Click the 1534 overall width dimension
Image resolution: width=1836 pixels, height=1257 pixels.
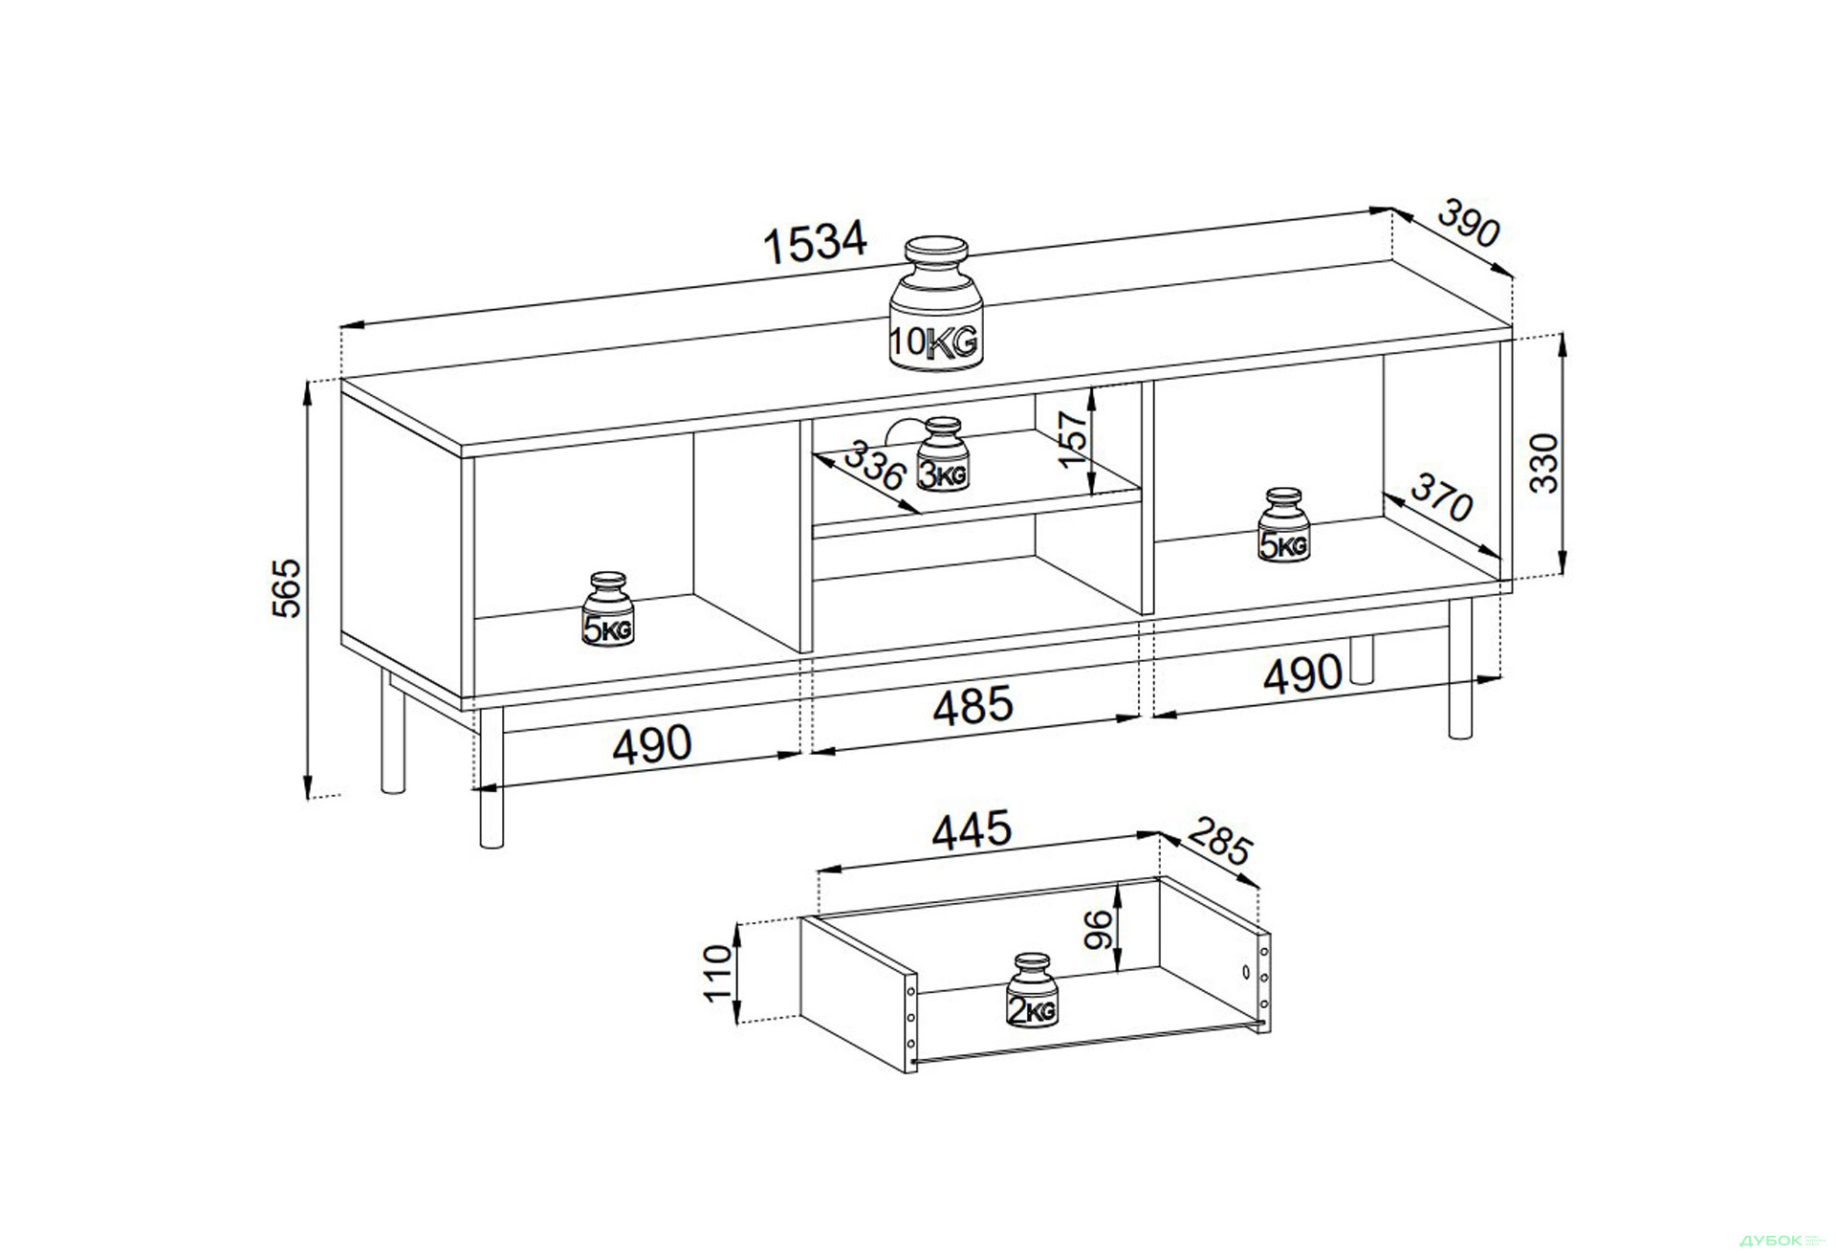(x=815, y=242)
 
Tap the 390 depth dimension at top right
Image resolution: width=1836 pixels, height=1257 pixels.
(x=1470, y=223)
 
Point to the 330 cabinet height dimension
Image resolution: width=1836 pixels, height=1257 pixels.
(x=1543, y=463)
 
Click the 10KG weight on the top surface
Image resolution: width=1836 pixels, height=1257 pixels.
(x=936, y=303)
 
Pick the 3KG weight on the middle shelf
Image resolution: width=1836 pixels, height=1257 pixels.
(x=943, y=453)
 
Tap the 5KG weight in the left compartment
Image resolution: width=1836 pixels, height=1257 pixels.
(x=608, y=609)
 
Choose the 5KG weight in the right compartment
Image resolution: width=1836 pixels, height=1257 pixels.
(x=1283, y=525)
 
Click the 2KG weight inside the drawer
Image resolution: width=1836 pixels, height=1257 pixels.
(x=1032, y=990)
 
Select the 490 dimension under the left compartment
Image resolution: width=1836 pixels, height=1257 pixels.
(x=651, y=744)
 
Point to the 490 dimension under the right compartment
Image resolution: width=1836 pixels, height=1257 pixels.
(x=1302, y=673)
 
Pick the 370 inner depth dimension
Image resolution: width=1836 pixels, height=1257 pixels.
(x=1441, y=497)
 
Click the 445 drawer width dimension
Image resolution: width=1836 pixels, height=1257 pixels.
(x=972, y=830)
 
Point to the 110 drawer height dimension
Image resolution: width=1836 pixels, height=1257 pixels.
(x=717, y=973)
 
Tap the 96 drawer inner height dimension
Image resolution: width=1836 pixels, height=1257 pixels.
(x=1099, y=929)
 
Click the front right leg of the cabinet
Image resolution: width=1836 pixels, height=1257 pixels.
(x=1460, y=669)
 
